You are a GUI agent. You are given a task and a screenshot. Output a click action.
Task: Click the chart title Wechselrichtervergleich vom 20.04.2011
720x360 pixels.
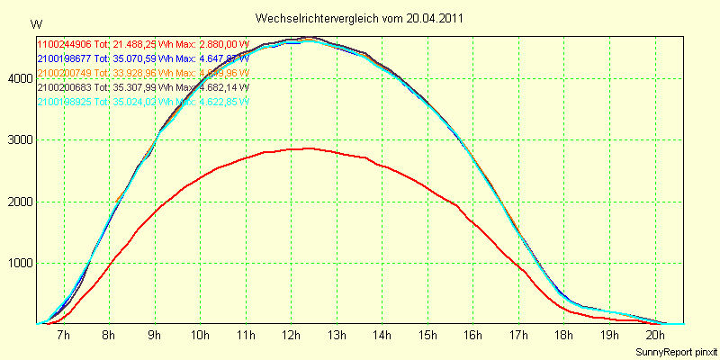coord(360,18)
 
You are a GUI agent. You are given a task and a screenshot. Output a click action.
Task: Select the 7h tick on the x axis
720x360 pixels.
coord(64,335)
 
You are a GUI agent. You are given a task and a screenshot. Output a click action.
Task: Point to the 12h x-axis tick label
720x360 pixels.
coord(291,335)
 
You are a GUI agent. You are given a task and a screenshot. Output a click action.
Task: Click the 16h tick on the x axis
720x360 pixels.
coord(472,335)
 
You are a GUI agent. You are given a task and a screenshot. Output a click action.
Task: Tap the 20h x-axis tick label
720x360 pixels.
coord(654,335)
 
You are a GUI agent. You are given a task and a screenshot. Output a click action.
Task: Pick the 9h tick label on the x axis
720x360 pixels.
coord(155,335)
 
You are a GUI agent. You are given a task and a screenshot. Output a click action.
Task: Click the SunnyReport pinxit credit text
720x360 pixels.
coord(675,350)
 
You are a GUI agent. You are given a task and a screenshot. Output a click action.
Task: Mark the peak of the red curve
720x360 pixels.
coord(310,148)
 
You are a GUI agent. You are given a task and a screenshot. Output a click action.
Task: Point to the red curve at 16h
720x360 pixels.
coord(472,219)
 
